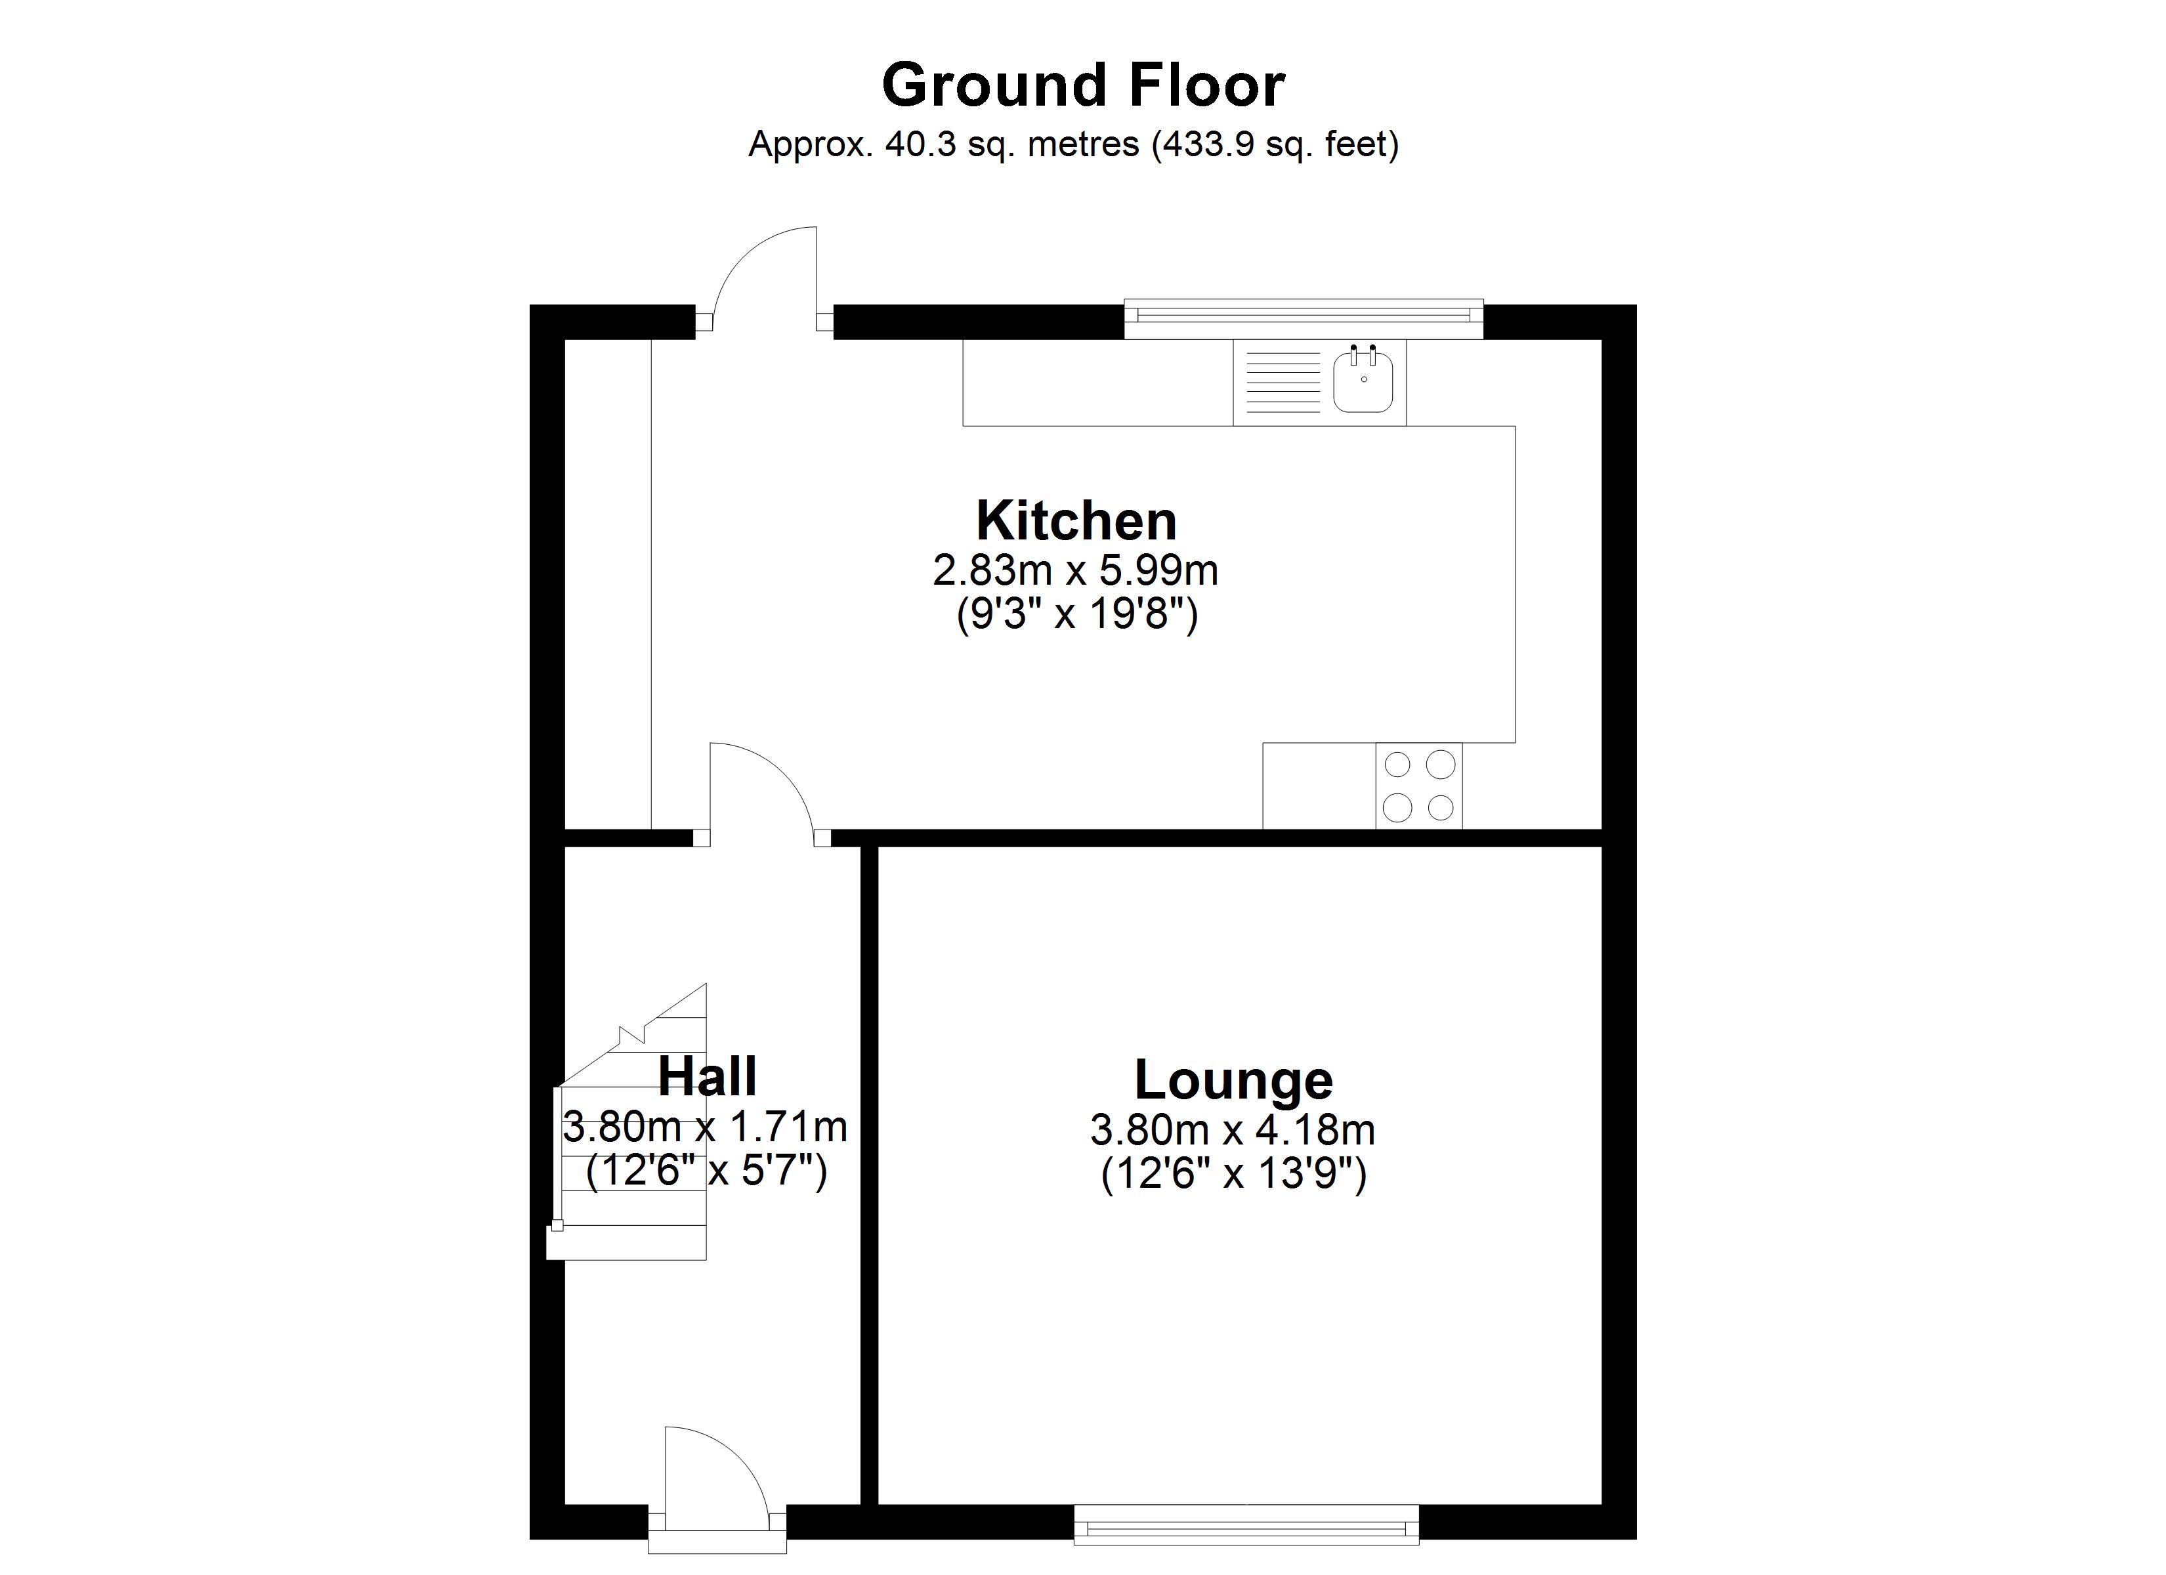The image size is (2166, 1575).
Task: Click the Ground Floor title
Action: pyautogui.click(x=1082, y=86)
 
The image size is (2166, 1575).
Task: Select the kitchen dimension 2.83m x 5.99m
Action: pyautogui.click(x=1075, y=571)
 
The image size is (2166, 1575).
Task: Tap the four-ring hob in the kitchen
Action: pyautogui.click(x=1418, y=785)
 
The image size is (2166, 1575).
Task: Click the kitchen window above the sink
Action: pyautogui.click(x=1303, y=319)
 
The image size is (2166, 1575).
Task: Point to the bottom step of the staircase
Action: pyautogui.click(x=626, y=1244)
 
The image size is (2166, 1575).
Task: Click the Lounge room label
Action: pyautogui.click(x=1233, y=1080)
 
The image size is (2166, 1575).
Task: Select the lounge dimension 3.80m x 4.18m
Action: pyautogui.click(x=1232, y=1131)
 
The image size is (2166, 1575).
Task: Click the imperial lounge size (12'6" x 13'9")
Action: pyautogui.click(x=1233, y=1174)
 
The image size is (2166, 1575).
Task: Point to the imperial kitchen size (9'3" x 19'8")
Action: pyautogui.click(x=1076, y=614)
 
